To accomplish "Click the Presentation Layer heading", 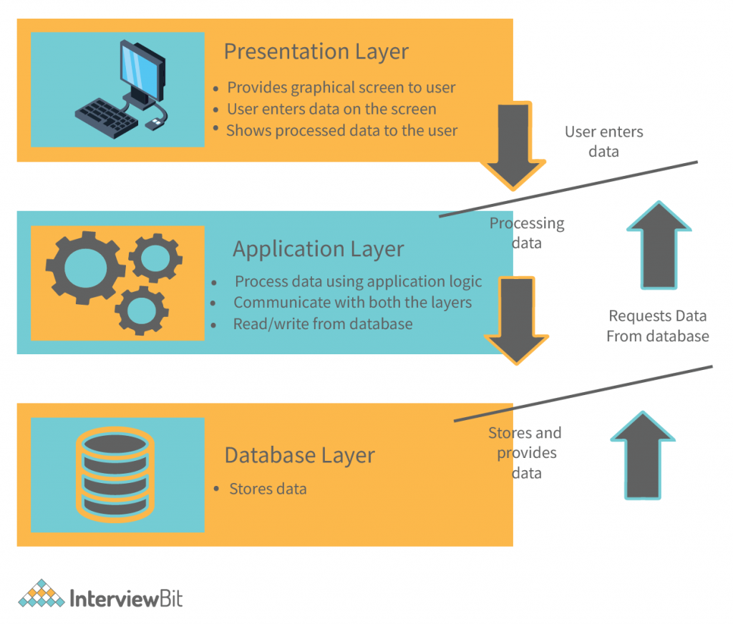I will coord(316,52).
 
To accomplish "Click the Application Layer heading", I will coord(318,249).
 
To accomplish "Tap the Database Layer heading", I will coord(299,455).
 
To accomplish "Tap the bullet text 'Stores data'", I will coord(268,489).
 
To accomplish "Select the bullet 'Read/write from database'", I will coord(323,324).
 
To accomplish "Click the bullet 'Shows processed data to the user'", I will coord(341,131).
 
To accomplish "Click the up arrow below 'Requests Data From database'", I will coord(642,456).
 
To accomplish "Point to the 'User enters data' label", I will coord(603,142).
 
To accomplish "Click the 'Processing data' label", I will coord(526,233).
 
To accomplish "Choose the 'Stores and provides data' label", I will coord(525,453).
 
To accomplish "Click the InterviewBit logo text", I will coord(126,599).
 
